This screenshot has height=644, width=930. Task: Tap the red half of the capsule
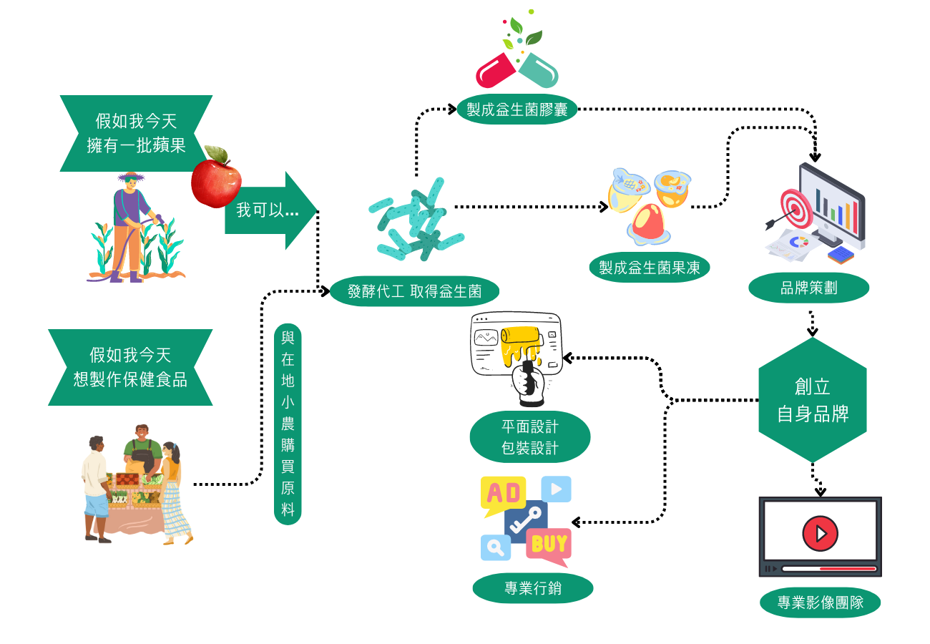(x=496, y=71)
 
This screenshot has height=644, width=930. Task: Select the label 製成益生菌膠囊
(x=517, y=109)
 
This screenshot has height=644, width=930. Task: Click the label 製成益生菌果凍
(x=650, y=268)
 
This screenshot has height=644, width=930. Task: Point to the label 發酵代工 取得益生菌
(x=414, y=291)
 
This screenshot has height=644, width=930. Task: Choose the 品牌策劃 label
(x=809, y=288)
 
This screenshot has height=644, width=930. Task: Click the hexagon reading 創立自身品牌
(x=813, y=400)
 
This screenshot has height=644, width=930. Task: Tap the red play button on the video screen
(x=820, y=534)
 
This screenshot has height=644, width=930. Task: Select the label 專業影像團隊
(x=821, y=602)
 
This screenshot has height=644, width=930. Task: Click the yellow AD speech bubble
(x=503, y=494)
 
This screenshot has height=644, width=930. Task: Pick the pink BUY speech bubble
(x=549, y=545)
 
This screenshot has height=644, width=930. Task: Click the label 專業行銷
(x=533, y=588)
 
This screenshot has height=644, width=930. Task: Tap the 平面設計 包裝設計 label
(x=530, y=436)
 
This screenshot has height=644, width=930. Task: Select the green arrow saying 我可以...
(x=271, y=210)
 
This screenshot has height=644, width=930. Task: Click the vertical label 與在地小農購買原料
(x=288, y=424)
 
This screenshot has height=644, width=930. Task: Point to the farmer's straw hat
(x=131, y=177)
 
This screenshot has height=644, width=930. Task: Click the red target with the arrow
(x=796, y=208)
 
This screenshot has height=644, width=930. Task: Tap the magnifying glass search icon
(x=495, y=547)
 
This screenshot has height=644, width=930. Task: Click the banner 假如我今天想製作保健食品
(x=130, y=368)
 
